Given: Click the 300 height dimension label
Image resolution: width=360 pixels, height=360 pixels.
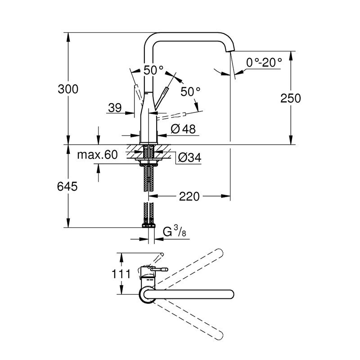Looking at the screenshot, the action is tap(68, 89).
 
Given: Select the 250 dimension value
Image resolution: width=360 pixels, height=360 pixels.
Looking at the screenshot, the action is tap(290, 98).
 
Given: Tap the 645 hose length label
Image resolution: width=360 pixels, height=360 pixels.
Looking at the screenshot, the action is tap(67, 186).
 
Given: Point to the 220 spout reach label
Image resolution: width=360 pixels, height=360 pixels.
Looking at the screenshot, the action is tap(189, 197).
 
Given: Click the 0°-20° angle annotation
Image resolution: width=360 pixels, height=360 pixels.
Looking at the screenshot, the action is tap(264, 62).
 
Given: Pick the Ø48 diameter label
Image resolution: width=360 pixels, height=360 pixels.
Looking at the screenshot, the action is tap(183, 129).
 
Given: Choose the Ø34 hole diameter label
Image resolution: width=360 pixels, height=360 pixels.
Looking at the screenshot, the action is tap(189, 158).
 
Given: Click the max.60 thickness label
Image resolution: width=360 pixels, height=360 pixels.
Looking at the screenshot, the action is tap(97, 155).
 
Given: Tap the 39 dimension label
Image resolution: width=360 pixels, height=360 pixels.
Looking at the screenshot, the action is tap(115, 108).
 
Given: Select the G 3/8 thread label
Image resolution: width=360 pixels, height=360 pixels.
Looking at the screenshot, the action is tap(175, 231).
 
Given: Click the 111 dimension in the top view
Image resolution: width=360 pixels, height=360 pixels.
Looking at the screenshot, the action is tap(121, 274).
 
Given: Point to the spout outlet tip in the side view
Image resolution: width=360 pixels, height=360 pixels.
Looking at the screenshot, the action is tap(230, 51).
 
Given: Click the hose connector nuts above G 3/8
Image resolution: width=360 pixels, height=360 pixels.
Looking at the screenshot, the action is tap(148, 225).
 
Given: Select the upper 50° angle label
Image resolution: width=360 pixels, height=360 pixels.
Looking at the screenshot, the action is tap(153, 70).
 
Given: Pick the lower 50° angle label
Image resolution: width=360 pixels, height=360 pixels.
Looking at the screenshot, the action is tap(190, 92).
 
